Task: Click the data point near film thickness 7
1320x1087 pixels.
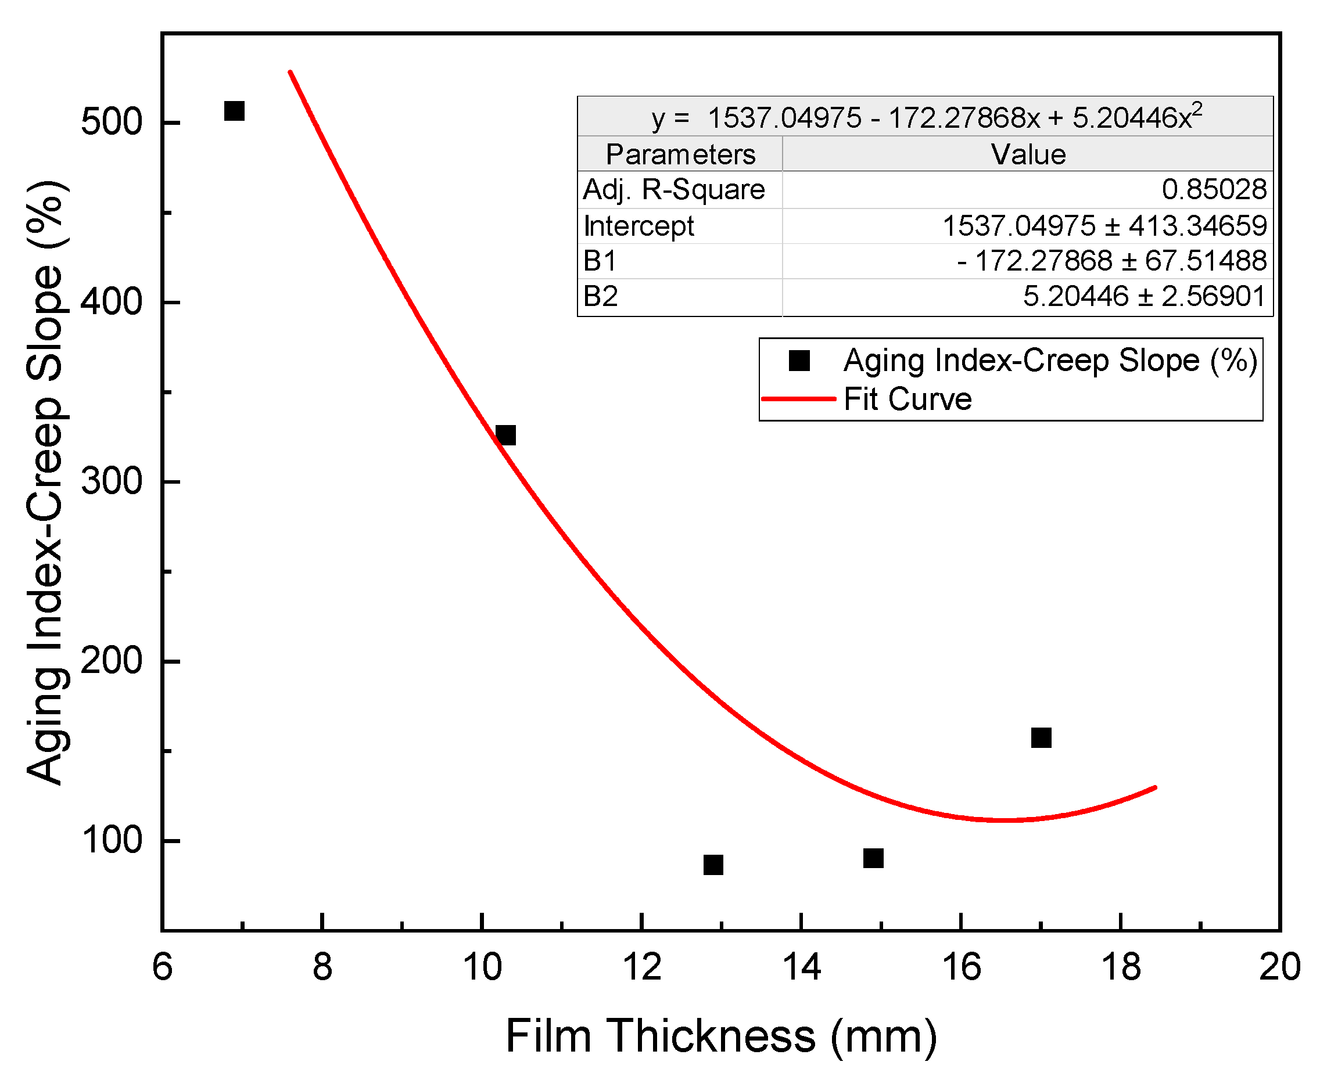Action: [x=234, y=111]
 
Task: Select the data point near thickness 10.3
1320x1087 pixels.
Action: [x=505, y=434]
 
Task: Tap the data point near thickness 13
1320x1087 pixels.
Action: [x=713, y=865]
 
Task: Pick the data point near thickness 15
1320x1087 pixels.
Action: [x=873, y=858]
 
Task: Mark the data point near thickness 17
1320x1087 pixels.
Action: [x=1041, y=737]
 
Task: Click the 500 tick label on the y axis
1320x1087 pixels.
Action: [x=112, y=122]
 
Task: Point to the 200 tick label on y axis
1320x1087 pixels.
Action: [x=112, y=661]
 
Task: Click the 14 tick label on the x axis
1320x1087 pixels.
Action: [x=801, y=967]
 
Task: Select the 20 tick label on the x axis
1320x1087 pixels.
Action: [x=1279, y=967]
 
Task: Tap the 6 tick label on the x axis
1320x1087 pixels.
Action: [x=162, y=967]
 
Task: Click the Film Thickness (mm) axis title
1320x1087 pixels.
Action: [x=721, y=1036]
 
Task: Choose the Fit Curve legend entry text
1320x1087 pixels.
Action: [x=907, y=399]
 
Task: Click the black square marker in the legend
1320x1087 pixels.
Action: [x=799, y=361]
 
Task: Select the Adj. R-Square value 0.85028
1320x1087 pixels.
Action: [x=1214, y=189]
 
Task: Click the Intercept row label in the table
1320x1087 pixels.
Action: [x=639, y=225]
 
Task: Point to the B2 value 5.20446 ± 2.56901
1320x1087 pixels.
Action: [x=1144, y=296]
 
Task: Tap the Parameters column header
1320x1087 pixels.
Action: [x=680, y=154]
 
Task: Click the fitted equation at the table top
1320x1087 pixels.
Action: [x=926, y=117]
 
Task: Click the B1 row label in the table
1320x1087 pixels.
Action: [x=600, y=261]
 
